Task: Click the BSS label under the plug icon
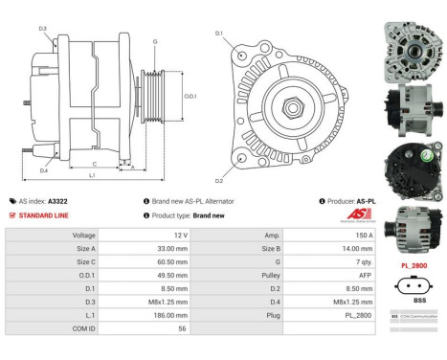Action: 412,299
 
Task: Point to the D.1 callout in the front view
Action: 219,34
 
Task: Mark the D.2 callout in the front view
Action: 219,180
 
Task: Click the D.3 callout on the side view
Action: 44,29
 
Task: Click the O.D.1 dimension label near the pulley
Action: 189,96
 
